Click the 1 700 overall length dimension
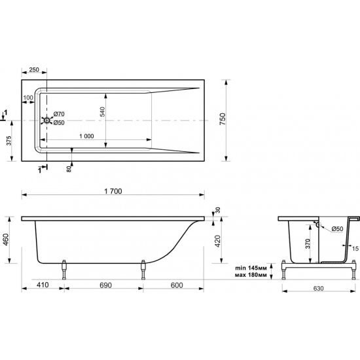[113, 191]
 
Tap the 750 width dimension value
[223, 118]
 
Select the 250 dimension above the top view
[34, 69]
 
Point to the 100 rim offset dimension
[28, 98]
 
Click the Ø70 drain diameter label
[59, 114]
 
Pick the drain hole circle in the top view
[47, 120]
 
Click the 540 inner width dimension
[102, 111]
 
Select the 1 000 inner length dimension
[86, 136]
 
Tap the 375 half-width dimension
[9, 140]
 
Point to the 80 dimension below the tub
[69, 170]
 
